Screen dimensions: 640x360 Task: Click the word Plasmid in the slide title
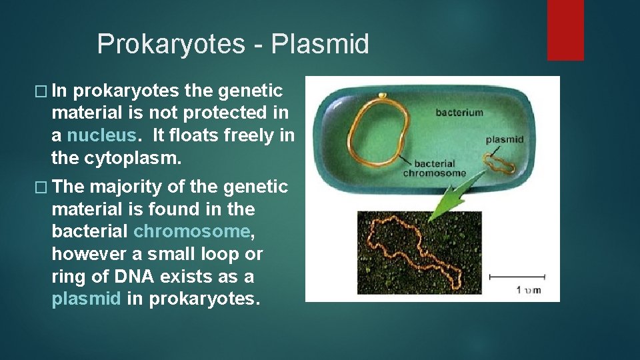click(320, 44)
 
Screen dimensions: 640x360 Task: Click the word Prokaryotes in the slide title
click(171, 45)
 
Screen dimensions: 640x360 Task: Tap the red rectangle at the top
click(565, 30)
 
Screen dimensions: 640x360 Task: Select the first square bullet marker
click(41, 91)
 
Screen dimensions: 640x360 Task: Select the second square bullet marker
click(41, 187)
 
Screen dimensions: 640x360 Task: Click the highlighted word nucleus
click(101, 135)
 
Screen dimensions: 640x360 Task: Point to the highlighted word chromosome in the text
click(192, 231)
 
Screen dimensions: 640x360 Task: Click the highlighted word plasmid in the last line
click(86, 299)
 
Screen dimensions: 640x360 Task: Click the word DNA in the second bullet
click(134, 276)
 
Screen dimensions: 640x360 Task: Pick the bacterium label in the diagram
click(459, 112)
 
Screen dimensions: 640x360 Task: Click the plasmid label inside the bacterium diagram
click(505, 140)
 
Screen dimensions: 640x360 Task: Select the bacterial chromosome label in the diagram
click(434, 168)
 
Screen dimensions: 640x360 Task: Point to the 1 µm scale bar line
click(517, 277)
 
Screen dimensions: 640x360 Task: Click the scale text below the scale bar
click(529, 290)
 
